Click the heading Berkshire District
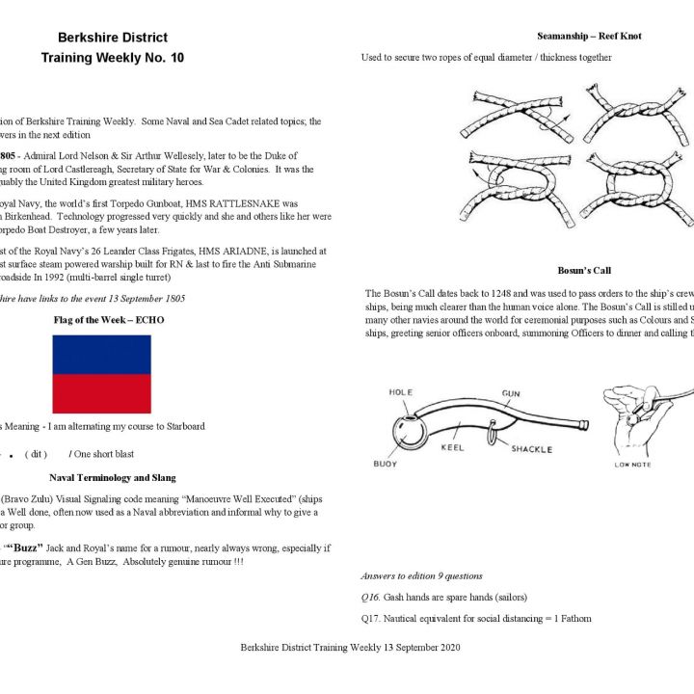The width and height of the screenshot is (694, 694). pos(112,38)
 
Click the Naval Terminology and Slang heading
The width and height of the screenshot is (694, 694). pos(112,477)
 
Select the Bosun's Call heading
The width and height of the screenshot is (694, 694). pos(584,271)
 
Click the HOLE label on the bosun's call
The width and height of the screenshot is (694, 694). pos(400,392)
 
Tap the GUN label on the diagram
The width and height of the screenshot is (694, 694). pos(511,393)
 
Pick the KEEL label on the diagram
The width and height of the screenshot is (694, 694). pos(452,448)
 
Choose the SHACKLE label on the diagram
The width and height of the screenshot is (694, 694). pos(531,449)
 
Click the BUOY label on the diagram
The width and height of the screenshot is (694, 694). pos(385,464)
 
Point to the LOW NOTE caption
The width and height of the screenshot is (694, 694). pos(632,465)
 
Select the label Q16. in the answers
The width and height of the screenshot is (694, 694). pos(372,598)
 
